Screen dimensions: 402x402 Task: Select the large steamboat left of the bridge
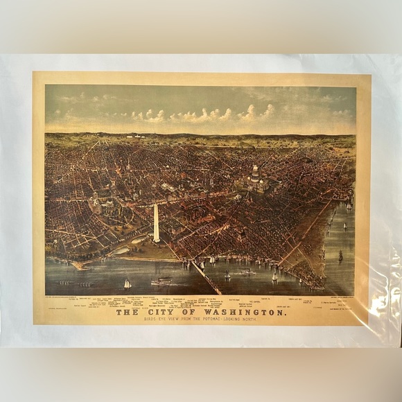(161, 281)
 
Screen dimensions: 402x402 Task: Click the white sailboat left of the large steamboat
(127, 283)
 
